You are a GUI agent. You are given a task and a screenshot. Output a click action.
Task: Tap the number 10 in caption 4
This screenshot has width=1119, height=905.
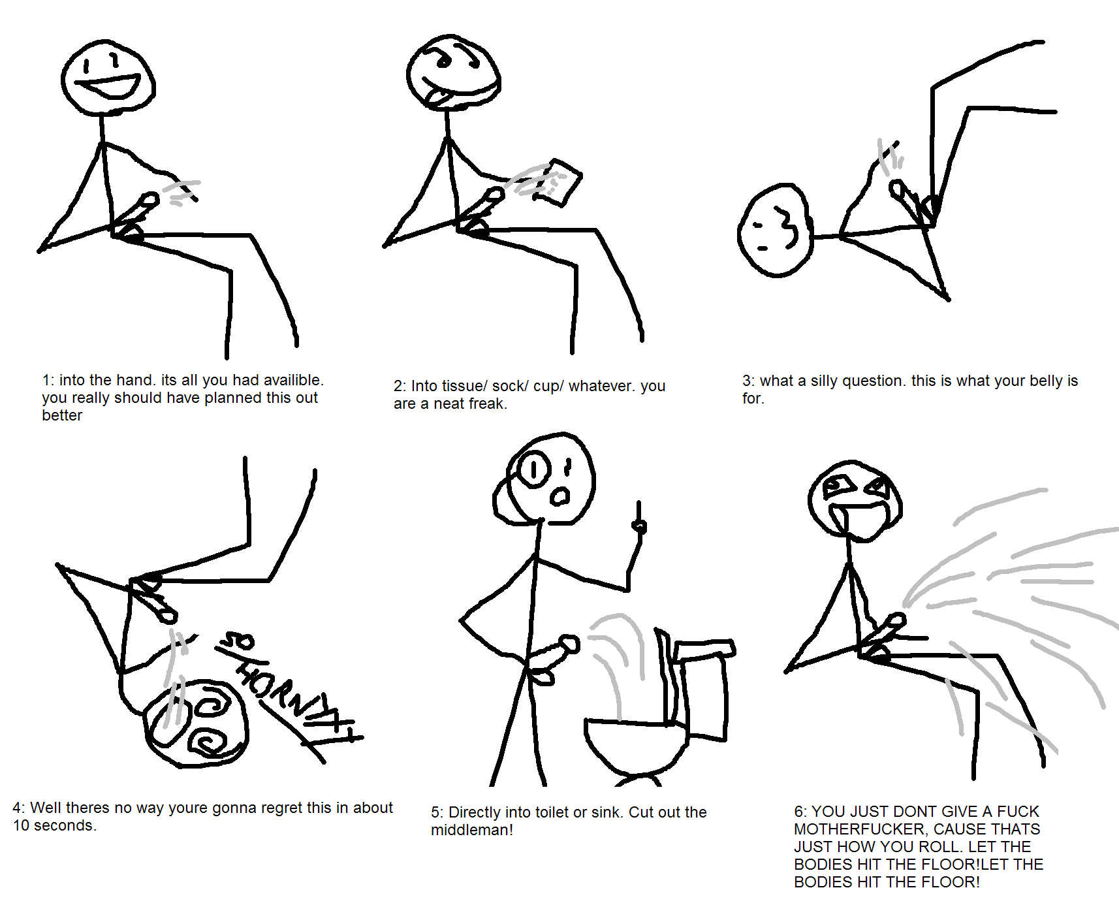21,825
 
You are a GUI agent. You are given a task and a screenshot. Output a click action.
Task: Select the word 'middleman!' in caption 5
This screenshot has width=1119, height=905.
472,830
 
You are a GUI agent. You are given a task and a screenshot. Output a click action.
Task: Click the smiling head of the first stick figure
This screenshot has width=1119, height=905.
108,77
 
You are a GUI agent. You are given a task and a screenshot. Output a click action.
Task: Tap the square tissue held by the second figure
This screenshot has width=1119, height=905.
558,182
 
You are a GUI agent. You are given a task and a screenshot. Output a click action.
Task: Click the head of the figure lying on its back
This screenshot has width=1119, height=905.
776,230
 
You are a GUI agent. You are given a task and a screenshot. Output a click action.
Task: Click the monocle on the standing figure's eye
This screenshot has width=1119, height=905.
535,469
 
